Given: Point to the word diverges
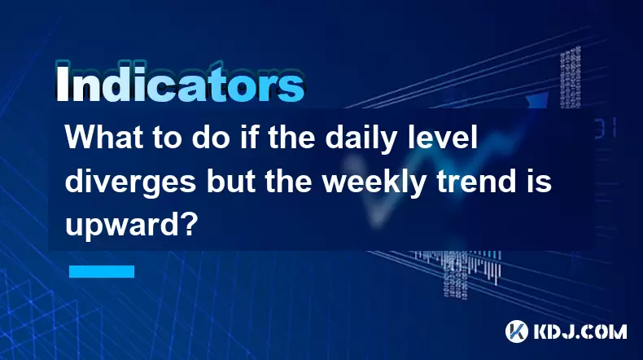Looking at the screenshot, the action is tap(130, 183).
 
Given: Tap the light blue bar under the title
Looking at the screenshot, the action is tap(102, 271).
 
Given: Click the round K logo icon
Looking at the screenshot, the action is tap(517, 331).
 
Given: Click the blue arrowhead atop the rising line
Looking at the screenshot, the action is tap(538, 100).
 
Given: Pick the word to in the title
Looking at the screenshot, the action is tap(164, 138).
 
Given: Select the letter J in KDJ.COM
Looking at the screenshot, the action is tap(570, 331).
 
